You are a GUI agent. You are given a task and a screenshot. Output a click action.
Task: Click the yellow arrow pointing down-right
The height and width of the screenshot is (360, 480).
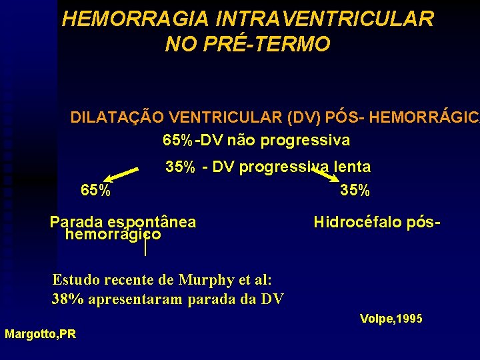click(x=327, y=175)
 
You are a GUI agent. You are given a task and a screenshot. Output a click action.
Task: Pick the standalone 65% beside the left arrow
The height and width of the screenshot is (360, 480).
click(x=95, y=190)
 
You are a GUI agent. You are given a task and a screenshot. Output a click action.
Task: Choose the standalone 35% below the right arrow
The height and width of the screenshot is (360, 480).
click(x=355, y=190)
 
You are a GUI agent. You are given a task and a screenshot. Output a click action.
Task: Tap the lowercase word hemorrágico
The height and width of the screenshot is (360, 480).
click(x=113, y=235)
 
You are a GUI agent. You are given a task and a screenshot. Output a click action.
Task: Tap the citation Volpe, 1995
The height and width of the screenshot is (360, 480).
click(x=391, y=319)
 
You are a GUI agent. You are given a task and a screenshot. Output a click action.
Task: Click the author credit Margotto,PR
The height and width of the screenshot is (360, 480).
click(x=40, y=334)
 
